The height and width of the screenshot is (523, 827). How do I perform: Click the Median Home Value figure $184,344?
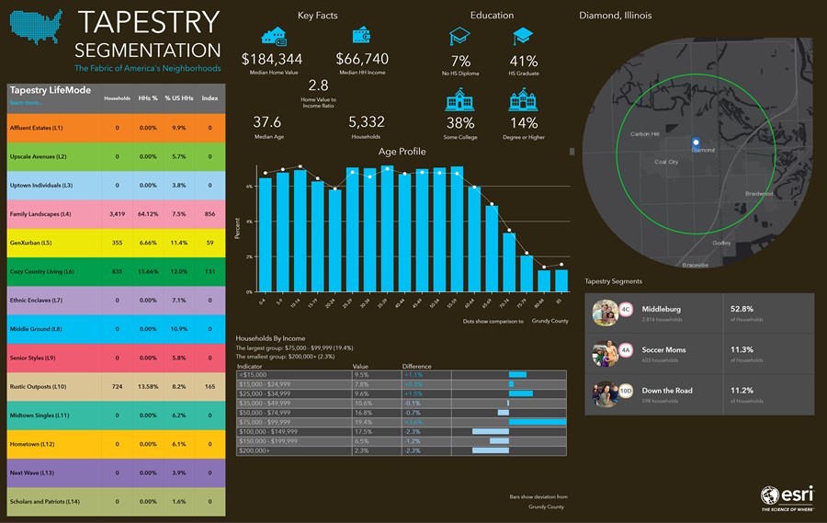click(x=271, y=59)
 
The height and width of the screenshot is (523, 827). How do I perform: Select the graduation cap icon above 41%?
click(x=522, y=37)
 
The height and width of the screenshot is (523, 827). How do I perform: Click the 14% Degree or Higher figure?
click(x=523, y=122)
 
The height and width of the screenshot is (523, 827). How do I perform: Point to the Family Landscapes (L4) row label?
click(x=40, y=213)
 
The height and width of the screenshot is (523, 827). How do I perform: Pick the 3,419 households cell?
click(x=117, y=213)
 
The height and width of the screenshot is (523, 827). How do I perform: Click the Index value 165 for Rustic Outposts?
click(x=210, y=387)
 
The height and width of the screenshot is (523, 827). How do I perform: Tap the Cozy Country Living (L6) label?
click(x=42, y=271)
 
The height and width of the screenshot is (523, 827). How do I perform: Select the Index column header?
click(x=210, y=97)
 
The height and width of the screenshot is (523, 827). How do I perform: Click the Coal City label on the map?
click(x=666, y=162)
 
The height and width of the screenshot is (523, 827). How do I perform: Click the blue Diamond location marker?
click(x=696, y=142)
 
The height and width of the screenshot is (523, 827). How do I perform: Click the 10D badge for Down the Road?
click(x=625, y=391)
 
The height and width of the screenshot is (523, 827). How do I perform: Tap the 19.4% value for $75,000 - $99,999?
click(x=363, y=422)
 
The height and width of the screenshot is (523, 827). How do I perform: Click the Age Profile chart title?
click(x=402, y=151)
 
